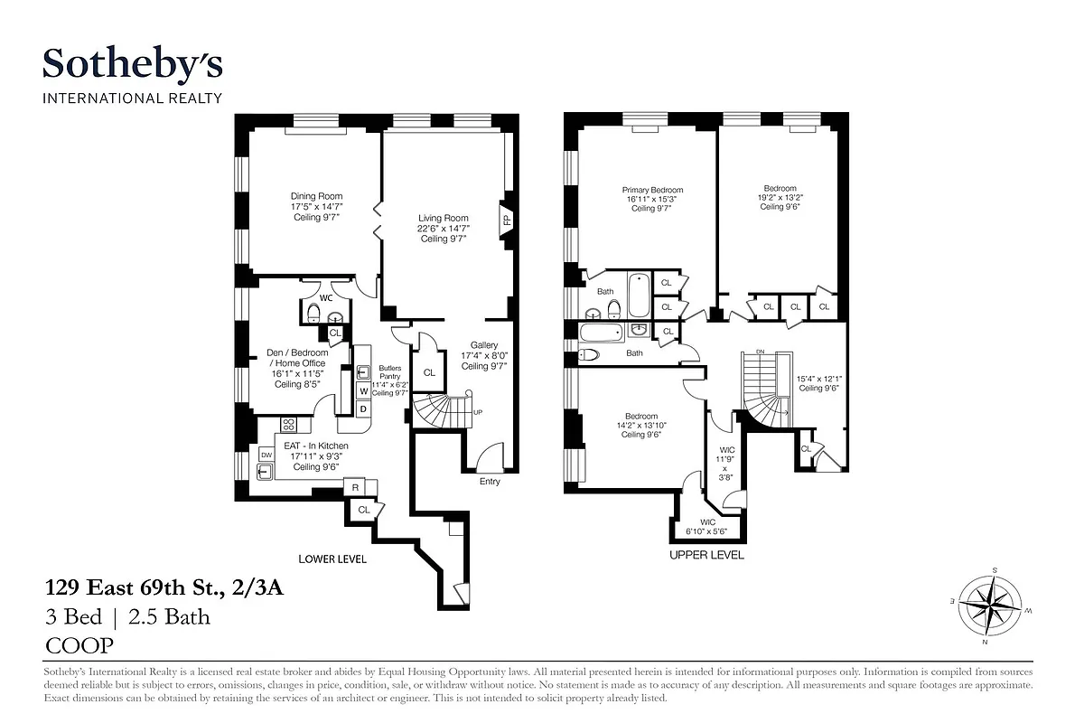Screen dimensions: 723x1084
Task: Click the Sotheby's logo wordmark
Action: (133, 65)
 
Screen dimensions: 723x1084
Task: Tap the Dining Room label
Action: (316, 207)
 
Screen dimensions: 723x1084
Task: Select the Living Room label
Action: (443, 228)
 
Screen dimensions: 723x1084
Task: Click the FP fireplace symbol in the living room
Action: (507, 220)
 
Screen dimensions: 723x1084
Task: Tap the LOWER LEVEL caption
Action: (332, 559)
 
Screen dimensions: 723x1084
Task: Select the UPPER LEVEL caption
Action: (706, 555)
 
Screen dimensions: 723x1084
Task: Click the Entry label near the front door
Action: (490, 482)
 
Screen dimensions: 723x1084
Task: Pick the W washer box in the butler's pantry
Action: (363, 390)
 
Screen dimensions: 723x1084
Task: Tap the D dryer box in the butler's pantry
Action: (363, 408)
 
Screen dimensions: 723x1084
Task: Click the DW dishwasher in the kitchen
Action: (266, 455)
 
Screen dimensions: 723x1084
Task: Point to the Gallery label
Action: (483, 355)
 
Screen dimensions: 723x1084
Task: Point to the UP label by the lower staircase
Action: (478, 412)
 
